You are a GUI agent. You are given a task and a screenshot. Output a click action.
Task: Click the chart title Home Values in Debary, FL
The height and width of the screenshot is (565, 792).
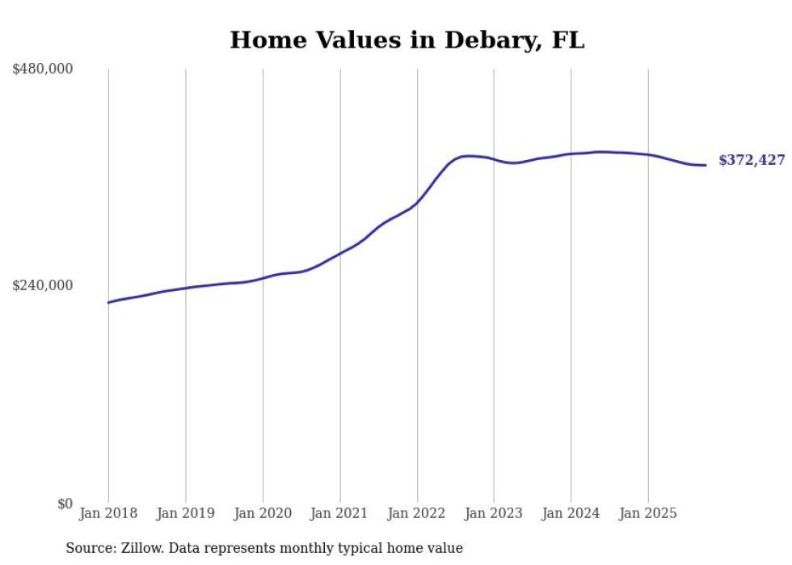tap(407, 40)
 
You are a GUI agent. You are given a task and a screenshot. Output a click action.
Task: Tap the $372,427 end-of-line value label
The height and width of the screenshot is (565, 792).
tap(751, 161)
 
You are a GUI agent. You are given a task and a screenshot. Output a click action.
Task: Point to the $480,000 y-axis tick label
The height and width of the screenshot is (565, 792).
tap(43, 70)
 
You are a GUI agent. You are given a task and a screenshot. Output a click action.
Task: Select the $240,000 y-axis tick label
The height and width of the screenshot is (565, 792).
tap(43, 285)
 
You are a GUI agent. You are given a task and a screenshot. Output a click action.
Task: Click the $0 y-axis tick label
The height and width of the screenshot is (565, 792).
tap(65, 504)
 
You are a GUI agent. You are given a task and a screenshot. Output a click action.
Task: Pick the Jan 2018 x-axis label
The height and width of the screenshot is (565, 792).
tap(108, 513)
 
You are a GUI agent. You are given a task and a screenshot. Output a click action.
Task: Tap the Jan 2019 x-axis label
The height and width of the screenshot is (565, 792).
tap(185, 513)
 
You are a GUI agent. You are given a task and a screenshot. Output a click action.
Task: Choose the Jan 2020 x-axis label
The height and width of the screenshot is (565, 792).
tap(263, 513)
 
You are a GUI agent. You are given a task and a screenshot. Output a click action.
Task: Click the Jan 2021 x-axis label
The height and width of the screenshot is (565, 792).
tap(339, 513)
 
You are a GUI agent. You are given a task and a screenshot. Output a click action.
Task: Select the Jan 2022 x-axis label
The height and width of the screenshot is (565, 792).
tap(417, 513)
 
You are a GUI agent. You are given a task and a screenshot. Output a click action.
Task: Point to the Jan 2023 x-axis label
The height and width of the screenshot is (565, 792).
tap(494, 513)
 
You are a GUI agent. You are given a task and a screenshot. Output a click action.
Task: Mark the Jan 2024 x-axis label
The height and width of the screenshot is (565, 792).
tap(571, 513)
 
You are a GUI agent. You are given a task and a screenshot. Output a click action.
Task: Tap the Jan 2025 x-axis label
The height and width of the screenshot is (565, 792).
tap(647, 513)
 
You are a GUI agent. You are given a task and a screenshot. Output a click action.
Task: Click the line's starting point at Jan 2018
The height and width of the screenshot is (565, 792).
tap(108, 302)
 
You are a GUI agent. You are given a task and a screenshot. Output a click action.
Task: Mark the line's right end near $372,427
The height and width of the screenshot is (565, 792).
tap(706, 165)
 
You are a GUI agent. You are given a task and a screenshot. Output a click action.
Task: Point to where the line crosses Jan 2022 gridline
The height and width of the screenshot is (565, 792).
tap(417, 202)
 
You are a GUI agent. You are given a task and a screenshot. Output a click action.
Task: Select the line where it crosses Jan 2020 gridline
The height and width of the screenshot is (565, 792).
tap(263, 278)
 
